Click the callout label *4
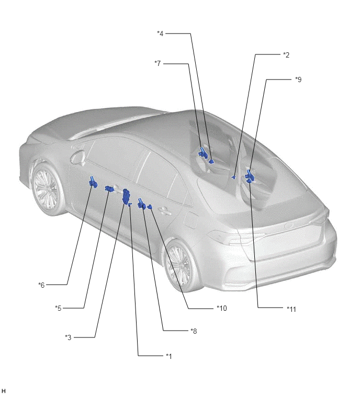[160, 33]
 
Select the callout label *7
[157, 63]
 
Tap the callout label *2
[286, 54]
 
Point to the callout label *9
[298, 80]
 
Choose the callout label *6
[41, 285]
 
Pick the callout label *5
[58, 308]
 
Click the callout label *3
[68, 337]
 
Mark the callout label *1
[169, 356]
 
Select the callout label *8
[194, 331]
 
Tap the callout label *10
[222, 308]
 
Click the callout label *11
[291, 309]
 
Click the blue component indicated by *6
[93, 182]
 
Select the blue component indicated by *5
[109, 188]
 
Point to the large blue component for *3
[126, 196]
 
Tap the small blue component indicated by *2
[234, 177]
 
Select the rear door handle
[164, 211]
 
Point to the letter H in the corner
[3, 391]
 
